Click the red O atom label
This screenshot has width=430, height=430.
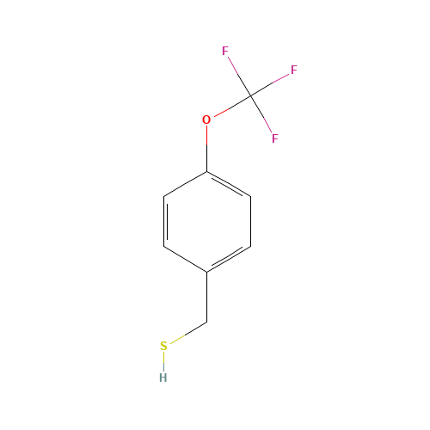206,120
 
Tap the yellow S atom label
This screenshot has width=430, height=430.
163,346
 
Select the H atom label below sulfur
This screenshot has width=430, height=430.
163,377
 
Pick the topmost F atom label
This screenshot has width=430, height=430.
225,51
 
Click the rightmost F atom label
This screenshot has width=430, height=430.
293,71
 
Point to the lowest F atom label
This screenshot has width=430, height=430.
274,138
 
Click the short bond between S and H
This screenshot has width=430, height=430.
163,361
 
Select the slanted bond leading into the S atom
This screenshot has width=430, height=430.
187,333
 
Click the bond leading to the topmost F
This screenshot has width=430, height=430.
237,72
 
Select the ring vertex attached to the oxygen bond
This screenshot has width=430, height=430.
206,171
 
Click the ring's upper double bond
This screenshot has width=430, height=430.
229,185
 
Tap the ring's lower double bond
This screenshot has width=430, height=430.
229,260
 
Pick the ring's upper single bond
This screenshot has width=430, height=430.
185,184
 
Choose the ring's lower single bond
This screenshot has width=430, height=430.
185,260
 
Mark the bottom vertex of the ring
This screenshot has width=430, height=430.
206,272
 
